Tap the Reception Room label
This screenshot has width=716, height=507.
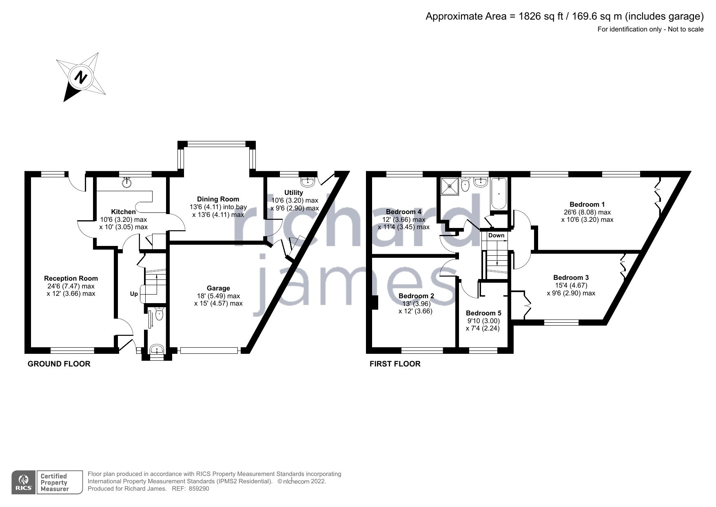[71, 278]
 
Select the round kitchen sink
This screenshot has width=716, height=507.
[128, 183]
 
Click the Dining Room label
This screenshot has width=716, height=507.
[218, 199]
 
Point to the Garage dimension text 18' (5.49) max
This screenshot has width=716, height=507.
[218, 296]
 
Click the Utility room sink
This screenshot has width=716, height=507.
[308, 181]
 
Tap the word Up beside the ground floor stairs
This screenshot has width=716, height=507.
[134, 294]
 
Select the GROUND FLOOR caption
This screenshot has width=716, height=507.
[59, 364]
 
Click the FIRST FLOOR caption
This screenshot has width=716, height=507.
[395, 364]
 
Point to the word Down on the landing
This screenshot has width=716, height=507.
[496, 235]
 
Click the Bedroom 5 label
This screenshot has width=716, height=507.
[483, 313]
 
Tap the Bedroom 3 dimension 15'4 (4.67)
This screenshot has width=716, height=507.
[571, 286]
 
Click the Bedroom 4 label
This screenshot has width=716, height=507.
[403, 212]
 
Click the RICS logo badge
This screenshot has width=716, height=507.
[24, 482]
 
